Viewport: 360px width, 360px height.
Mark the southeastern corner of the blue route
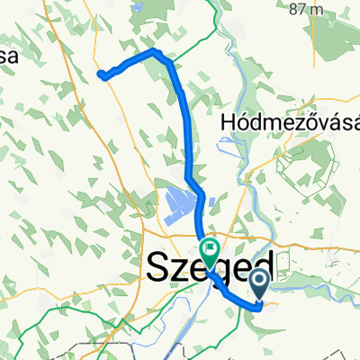260,307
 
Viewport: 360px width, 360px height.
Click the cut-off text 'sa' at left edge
9,56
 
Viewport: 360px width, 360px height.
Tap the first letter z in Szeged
175,270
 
